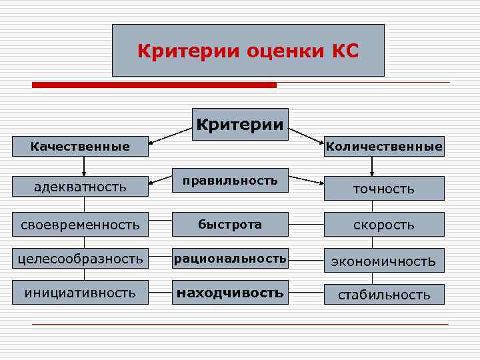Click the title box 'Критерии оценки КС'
[248, 51]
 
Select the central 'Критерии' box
[240, 124]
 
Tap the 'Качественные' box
[80, 146]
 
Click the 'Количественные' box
[383, 146]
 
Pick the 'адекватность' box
[80, 187]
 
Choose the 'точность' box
[383, 189]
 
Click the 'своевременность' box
[80, 225]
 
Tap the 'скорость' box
[383, 225]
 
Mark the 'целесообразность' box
[80, 259]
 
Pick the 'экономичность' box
[383, 261]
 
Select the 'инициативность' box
[80, 293]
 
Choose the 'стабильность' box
[383, 295]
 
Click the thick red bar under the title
[154, 85]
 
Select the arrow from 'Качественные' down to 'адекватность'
[84, 166]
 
